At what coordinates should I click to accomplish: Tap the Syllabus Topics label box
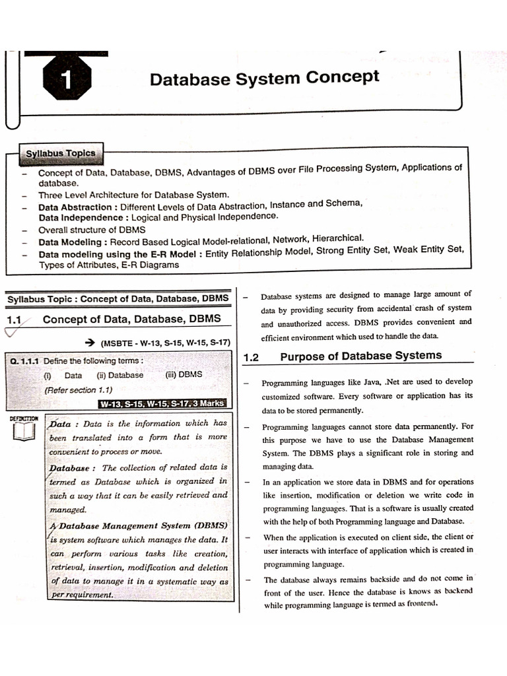60,153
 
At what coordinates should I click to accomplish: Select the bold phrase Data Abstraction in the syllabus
73,207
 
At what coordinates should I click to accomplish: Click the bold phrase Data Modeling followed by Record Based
69,242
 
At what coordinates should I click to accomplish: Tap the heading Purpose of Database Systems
360,356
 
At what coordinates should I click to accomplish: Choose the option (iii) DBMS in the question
183,374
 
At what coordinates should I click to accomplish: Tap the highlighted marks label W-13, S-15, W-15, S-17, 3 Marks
162,403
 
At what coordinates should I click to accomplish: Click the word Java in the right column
367,382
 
